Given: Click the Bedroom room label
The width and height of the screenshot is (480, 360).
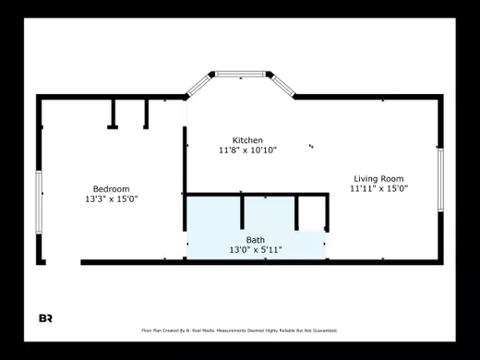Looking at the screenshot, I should (111, 188).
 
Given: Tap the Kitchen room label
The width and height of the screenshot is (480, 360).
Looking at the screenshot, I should (247, 139).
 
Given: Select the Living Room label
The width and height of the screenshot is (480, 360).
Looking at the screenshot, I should (378, 178).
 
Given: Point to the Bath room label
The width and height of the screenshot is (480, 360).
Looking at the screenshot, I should (255, 240).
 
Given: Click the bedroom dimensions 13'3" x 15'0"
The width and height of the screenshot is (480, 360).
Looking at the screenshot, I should (111, 198).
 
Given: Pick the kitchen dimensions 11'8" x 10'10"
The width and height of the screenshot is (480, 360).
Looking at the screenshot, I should (247, 150).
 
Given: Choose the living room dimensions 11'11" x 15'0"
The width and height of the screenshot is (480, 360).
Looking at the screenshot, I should (378, 188).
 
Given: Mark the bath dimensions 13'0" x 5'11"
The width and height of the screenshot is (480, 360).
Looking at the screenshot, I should (255, 250).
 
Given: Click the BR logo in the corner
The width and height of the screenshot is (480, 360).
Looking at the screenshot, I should (45, 318).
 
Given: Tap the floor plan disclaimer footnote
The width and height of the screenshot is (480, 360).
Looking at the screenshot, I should (239, 330).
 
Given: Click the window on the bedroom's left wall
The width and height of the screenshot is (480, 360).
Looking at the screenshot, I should (39, 200).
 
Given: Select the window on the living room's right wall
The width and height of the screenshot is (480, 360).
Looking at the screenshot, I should (440, 179).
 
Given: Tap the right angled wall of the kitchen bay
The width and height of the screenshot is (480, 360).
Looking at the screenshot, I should (281, 85).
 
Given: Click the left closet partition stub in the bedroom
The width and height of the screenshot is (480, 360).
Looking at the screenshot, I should (113, 112).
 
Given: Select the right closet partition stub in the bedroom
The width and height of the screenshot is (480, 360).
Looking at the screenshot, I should (146, 112).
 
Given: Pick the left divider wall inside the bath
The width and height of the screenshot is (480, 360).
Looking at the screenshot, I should (242, 211).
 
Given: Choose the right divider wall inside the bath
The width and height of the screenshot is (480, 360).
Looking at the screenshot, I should (296, 211).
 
